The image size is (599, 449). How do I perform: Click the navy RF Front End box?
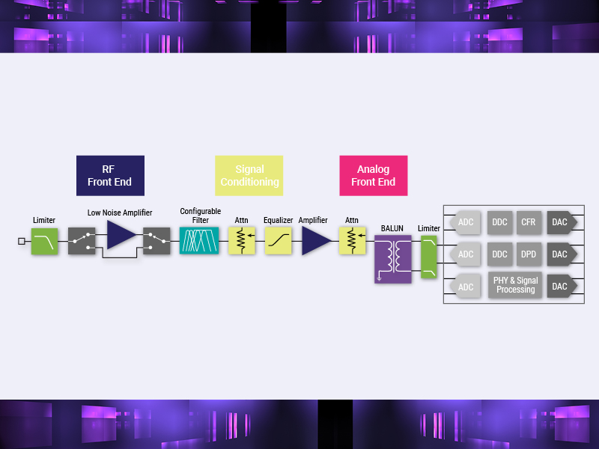(x=110, y=176)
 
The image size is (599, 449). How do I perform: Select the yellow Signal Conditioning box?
(x=249, y=176)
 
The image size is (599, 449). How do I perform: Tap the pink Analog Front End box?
(x=374, y=176)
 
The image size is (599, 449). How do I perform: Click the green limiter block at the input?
(x=44, y=241)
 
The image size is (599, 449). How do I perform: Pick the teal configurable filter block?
(x=199, y=240)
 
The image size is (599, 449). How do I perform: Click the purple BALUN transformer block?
(x=392, y=259)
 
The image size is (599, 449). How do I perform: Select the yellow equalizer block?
(x=278, y=241)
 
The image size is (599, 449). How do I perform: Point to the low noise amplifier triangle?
(x=121, y=235)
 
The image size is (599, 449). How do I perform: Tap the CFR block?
(x=529, y=222)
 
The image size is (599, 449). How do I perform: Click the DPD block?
(x=529, y=254)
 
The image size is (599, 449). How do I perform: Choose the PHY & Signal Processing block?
(x=515, y=285)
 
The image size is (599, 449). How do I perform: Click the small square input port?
(x=22, y=241)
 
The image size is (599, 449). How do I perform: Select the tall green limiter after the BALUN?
(x=428, y=257)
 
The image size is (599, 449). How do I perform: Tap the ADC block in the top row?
(x=465, y=222)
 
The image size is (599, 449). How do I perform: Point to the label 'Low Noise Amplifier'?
(x=120, y=213)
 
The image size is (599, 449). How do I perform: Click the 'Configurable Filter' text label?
(x=200, y=216)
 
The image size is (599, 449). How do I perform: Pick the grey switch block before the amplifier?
(x=82, y=241)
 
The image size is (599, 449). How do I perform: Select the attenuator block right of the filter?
(x=241, y=241)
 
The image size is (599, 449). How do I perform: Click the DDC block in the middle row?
(x=499, y=254)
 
